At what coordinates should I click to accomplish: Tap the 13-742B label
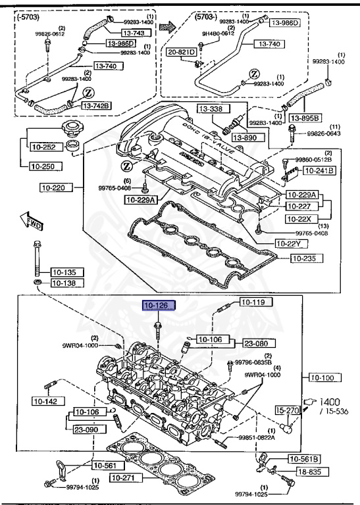pyautogui.click(x=97, y=105)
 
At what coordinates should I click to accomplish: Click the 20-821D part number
pyautogui.click(x=181, y=53)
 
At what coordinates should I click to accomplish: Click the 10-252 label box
pyautogui.click(x=43, y=148)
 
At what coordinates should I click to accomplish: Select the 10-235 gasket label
pyautogui.click(x=307, y=258)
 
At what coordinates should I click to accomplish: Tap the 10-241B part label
pyautogui.click(x=318, y=171)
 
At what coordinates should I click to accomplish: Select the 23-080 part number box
pyautogui.click(x=260, y=343)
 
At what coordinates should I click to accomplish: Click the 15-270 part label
pyautogui.click(x=288, y=410)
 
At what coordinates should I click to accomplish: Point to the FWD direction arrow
pyautogui.click(x=30, y=221)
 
